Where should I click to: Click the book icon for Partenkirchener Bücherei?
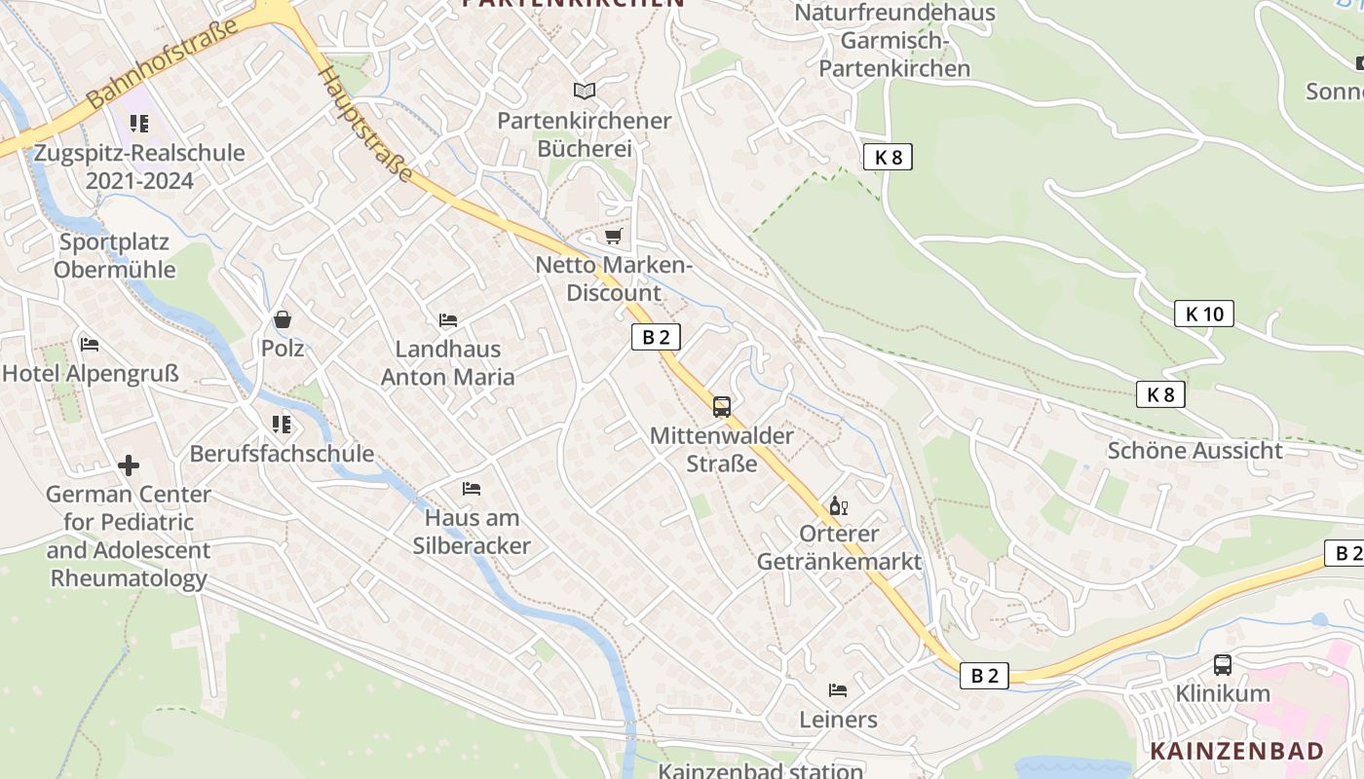click(x=585, y=91)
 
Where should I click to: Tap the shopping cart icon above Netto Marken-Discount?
click(x=613, y=236)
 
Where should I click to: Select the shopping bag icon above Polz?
click(x=283, y=318)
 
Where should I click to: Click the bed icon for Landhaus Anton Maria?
click(x=448, y=319)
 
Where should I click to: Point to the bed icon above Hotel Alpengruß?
click(x=90, y=344)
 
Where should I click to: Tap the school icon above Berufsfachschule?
click(x=282, y=424)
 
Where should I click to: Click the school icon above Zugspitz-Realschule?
click(x=139, y=124)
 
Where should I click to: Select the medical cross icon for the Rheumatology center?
click(x=129, y=465)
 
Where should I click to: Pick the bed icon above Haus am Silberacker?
click(x=472, y=488)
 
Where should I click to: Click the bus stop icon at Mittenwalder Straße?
click(x=722, y=407)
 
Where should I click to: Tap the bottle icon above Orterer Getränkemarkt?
click(x=838, y=505)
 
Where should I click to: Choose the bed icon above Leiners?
click(x=838, y=690)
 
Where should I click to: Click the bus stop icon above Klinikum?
click(x=1223, y=665)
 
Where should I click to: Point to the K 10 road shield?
click(x=1204, y=314)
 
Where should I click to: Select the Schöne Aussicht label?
click(x=1195, y=451)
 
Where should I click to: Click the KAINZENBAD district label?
click(x=1237, y=751)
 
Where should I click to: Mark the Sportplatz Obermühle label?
click(x=115, y=256)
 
